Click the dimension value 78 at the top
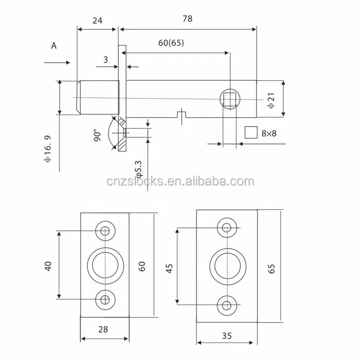click(187, 19)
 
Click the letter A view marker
click(53, 45)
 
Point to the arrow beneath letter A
click(57, 63)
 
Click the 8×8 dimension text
click(269, 133)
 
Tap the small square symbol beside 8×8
click(251, 133)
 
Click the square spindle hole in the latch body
click(229, 97)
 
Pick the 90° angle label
click(98, 136)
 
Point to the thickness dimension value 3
click(105, 59)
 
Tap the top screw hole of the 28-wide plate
click(105, 231)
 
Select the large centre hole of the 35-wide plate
click(226, 265)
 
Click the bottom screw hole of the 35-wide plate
click(226, 304)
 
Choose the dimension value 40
click(48, 265)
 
